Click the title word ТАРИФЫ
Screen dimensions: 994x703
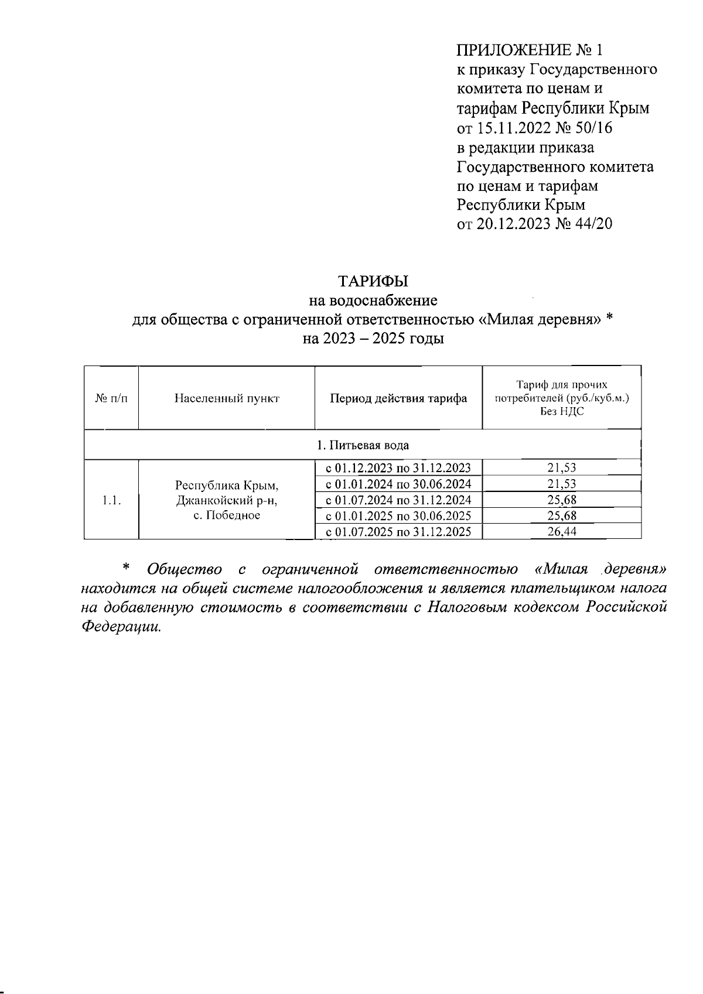(373, 281)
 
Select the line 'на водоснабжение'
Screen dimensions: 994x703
(373, 300)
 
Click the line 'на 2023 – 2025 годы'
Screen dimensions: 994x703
(373, 339)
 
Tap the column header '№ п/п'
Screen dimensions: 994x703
(111, 399)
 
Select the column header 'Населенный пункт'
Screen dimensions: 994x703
(227, 399)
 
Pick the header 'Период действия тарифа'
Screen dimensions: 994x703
(398, 399)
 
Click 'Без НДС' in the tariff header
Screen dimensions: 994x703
(562, 412)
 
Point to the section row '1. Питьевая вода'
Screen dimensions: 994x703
(363, 445)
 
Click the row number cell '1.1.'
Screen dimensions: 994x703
(111, 500)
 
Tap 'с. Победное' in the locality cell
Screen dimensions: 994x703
(227, 515)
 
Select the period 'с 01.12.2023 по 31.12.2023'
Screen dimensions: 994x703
(398, 468)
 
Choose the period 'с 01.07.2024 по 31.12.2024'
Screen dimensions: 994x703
(398, 500)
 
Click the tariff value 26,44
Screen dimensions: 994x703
(562, 532)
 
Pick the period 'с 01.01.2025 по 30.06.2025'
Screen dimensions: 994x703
(398, 516)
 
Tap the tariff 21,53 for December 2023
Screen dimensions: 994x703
(562, 468)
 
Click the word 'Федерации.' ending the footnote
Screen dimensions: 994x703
(120, 626)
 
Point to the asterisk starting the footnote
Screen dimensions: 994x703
(125, 568)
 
